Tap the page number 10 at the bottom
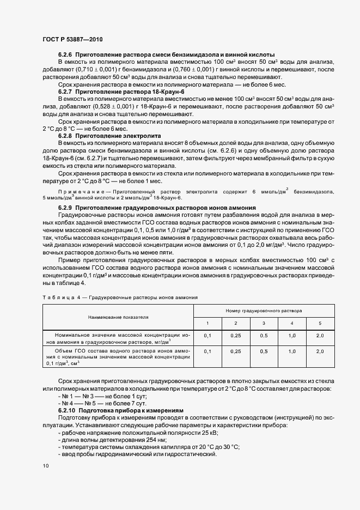(45, 465)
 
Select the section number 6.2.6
(65, 56)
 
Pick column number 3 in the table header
(264, 324)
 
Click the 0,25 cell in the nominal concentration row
(235, 336)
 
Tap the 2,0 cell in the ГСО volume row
(320, 352)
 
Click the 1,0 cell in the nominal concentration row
(292, 336)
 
